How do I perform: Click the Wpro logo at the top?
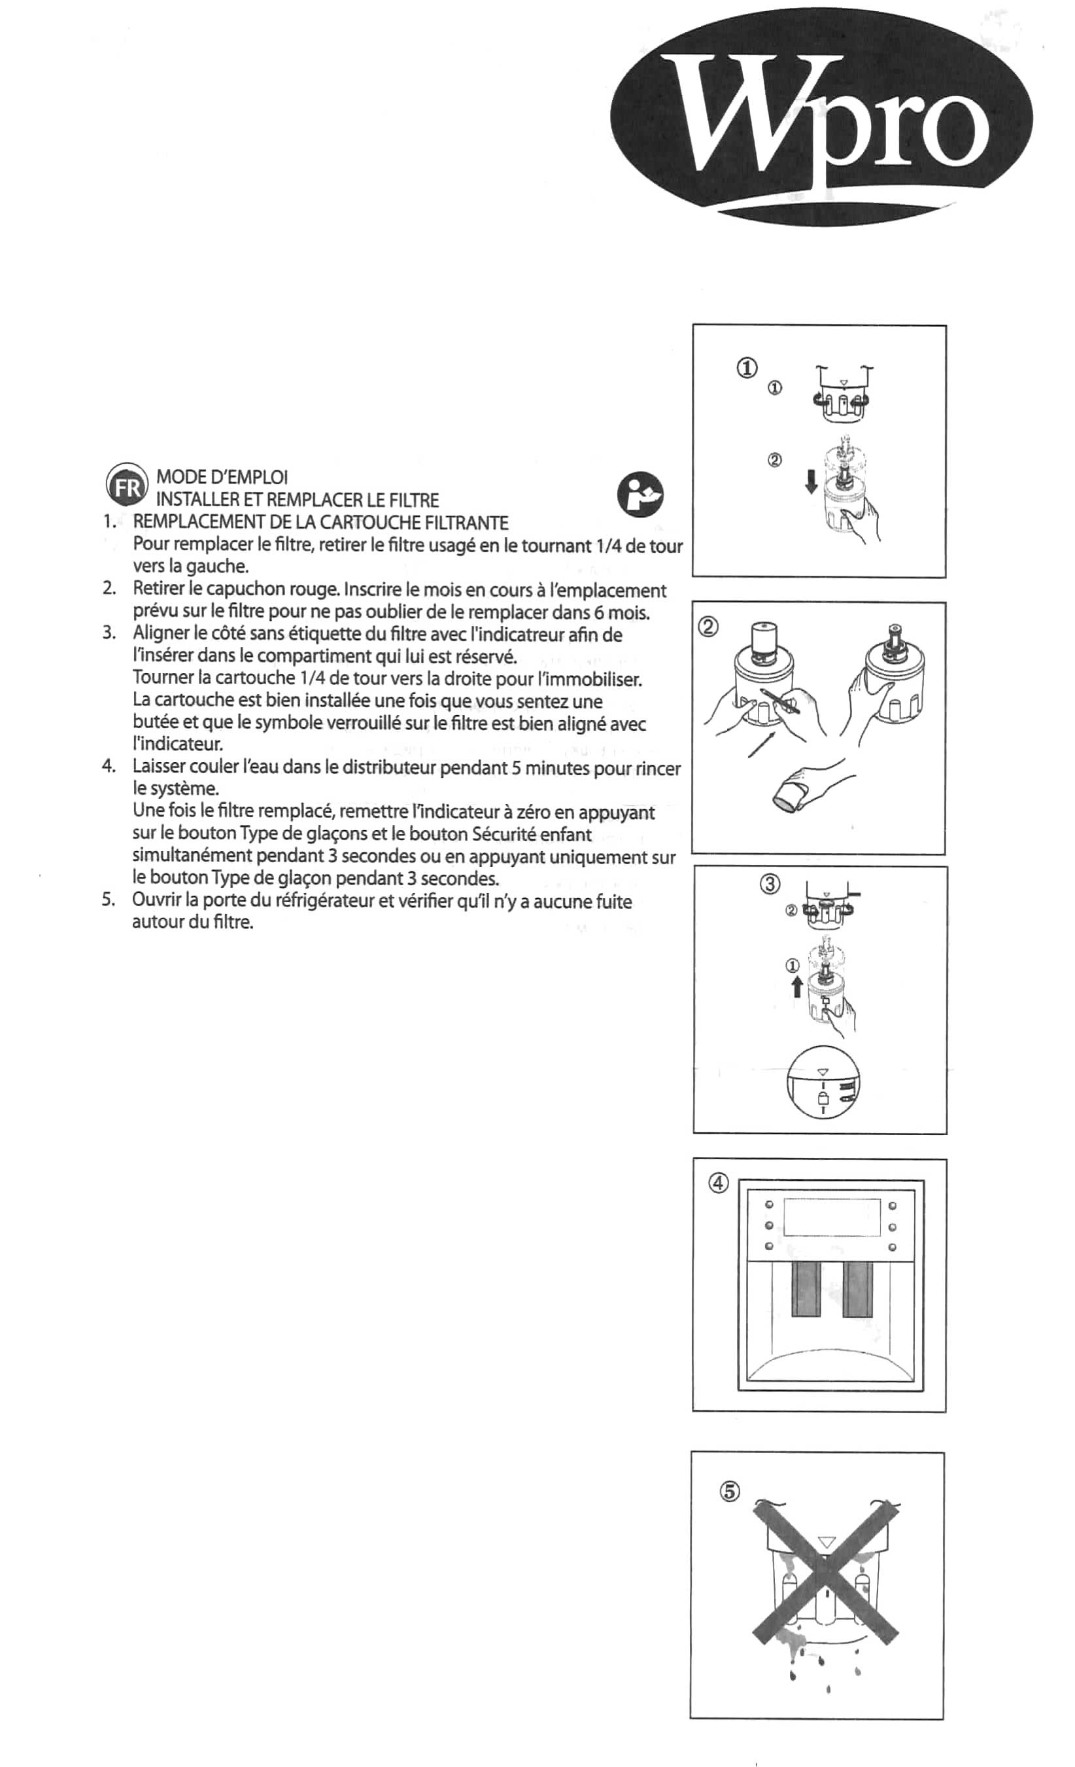point(821,118)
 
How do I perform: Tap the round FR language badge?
point(128,484)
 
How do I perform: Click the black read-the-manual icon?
point(640,495)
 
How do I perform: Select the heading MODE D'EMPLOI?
point(222,477)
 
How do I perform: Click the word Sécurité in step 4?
point(505,834)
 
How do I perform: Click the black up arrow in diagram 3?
point(796,989)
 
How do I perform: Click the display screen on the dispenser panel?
point(831,1217)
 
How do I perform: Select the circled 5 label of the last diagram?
point(728,1491)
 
